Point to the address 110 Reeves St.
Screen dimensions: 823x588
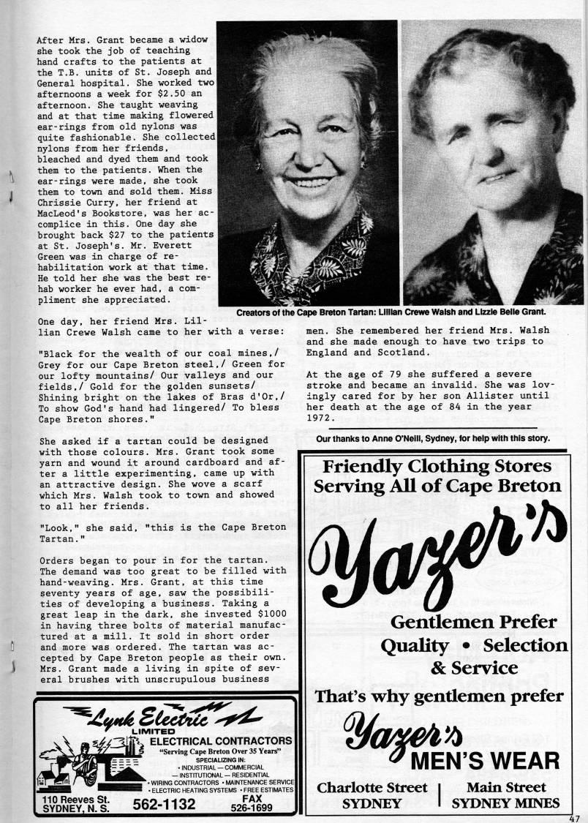(x=75, y=800)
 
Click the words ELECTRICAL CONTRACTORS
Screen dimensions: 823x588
(x=221, y=742)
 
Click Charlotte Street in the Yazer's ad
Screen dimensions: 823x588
(x=372, y=787)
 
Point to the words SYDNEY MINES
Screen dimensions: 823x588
(x=505, y=803)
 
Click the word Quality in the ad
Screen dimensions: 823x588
(x=414, y=646)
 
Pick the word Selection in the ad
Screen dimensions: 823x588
(x=525, y=645)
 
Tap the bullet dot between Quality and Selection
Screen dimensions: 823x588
(x=466, y=647)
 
